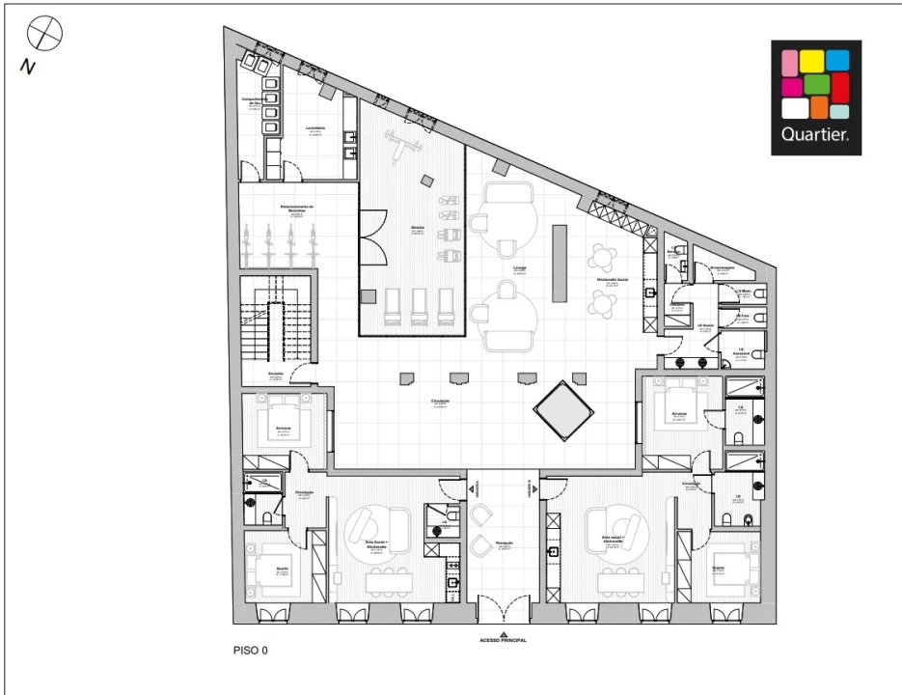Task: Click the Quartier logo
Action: (x=816, y=97)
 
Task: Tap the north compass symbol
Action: (x=44, y=36)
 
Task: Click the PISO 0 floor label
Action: (x=250, y=651)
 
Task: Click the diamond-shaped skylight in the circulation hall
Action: (x=563, y=410)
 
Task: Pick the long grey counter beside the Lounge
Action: (x=560, y=264)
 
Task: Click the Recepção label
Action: (x=504, y=543)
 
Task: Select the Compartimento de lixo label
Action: (x=253, y=99)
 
